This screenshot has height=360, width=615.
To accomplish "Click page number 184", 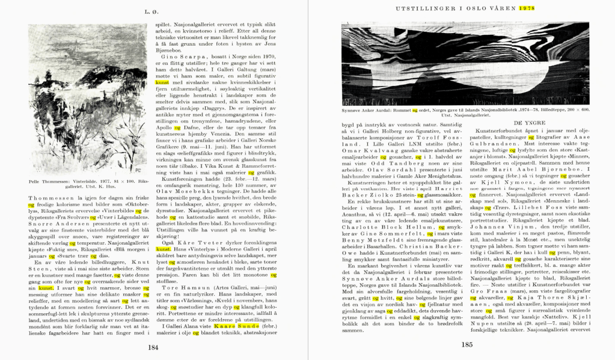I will coord(153,346).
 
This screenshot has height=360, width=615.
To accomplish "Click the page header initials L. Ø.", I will coord(153,11).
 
